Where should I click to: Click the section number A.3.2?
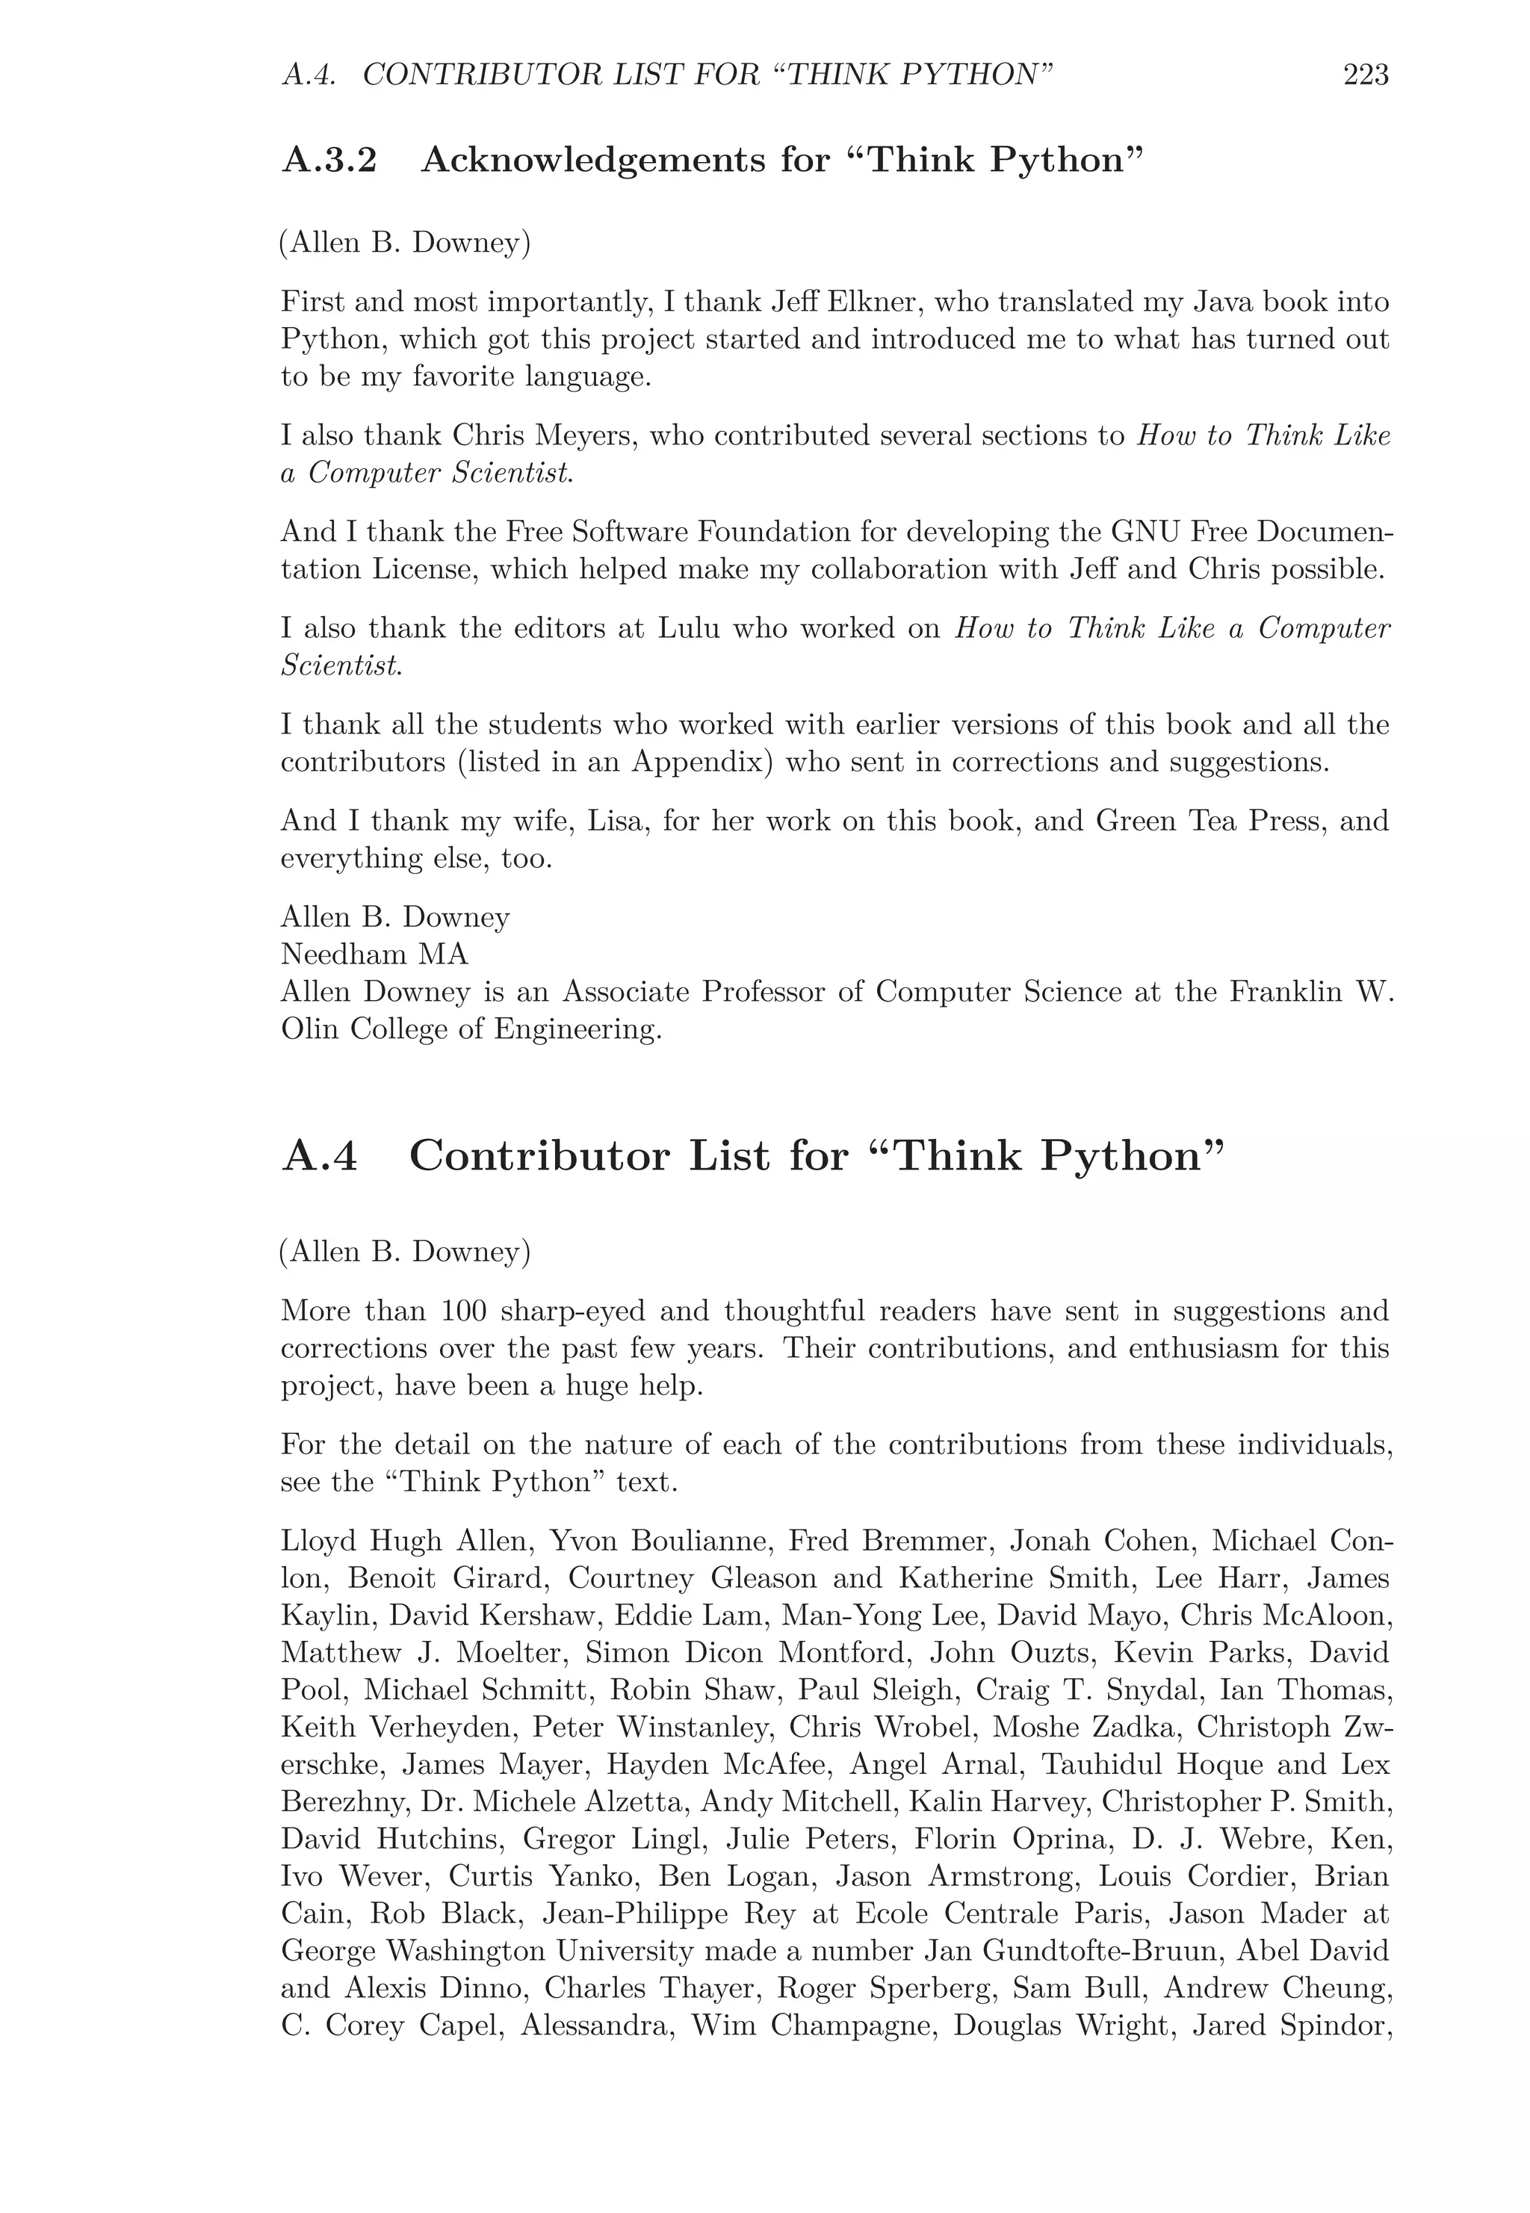coord(329,160)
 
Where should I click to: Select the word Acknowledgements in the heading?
coord(592,160)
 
